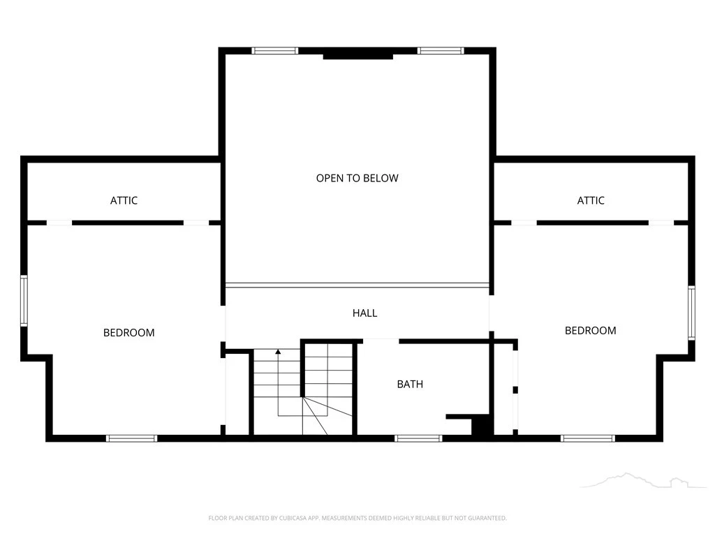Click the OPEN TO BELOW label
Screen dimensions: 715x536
pyautogui.click(x=357, y=178)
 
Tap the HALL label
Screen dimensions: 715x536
pyautogui.click(x=364, y=313)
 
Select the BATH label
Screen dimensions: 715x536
pyautogui.click(x=410, y=385)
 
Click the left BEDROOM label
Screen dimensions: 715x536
pyautogui.click(x=129, y=333)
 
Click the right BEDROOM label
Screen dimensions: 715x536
pyautogui.click(x=591, y=330)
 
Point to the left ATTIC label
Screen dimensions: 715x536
pyautogui.click(x=124, y=200)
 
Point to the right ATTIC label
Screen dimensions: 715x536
pyautogui.click(x=591, y=200)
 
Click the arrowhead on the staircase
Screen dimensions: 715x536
pyautogui.click(x=278, y=352)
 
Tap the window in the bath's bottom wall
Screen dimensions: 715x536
pyautogui.click(x=418, y=438)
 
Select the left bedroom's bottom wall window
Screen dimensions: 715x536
pyautogui.click(x=132, y=438)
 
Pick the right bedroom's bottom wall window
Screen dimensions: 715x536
pyautogui.click(x=588, y=438)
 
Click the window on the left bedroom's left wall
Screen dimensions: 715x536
pyautogui.click(x=24, y=300)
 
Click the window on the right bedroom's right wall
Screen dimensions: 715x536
pyautogui.click(x=691, y=313)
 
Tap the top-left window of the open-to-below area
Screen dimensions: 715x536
pyautogui.click(x=275, y=50)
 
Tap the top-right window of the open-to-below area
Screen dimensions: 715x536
pyautogui.click(x=441, y=50)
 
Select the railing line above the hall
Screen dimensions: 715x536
pyautogui.click(x=357, y=285)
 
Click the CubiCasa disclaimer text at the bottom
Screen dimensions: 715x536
pyautogui.click(x=357, y=518)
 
